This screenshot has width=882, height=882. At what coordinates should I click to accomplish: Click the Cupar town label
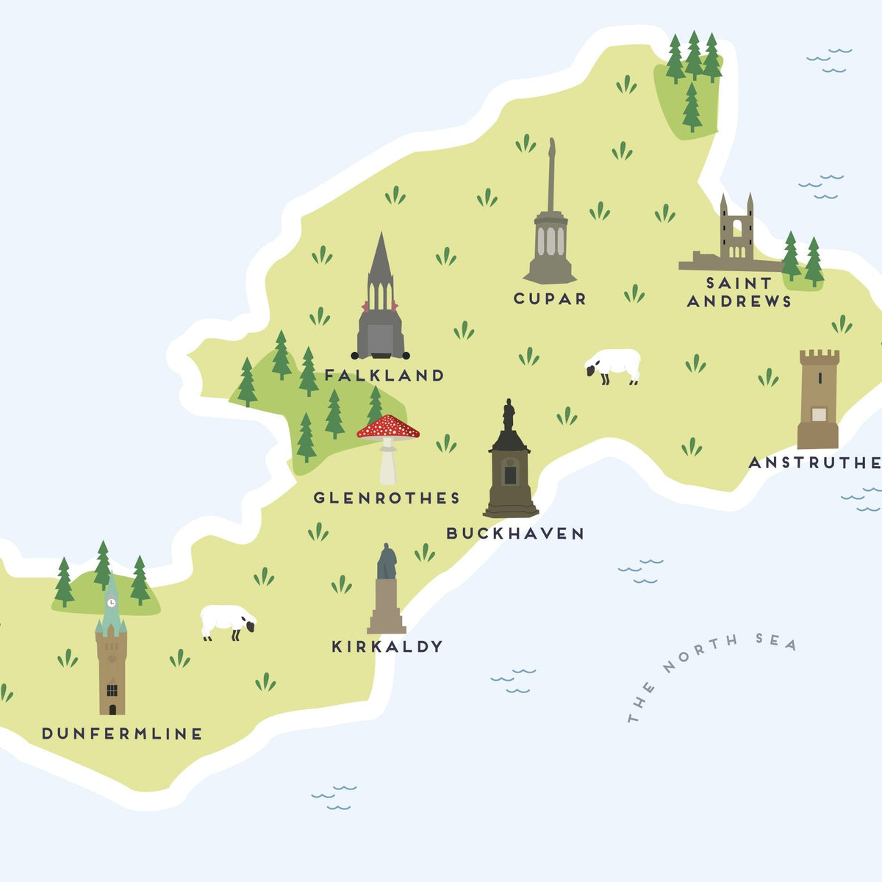coord(550,298)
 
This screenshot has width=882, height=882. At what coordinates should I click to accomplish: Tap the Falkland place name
coord(384,376)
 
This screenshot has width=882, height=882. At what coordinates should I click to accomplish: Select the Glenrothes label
coord(387,498)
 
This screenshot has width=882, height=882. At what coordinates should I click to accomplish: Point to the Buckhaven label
coord(515,534)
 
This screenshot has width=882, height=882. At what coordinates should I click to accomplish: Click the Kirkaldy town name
coord(387,647)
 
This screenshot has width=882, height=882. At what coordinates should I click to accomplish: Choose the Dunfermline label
coord(122,734)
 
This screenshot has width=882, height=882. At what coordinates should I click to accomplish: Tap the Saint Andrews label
coord(739,292)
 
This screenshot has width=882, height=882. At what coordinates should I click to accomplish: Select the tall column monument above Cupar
coord(550,220)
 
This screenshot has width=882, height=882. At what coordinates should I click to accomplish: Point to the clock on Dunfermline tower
coord(111,603)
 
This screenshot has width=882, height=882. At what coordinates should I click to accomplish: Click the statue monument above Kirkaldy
coord(387,592)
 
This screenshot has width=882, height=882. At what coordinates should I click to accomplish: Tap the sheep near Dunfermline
coord(228,621)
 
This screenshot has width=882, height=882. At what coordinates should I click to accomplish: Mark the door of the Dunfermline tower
coord(112,709)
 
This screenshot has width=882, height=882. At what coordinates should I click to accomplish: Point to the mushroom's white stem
coord(387,463)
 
